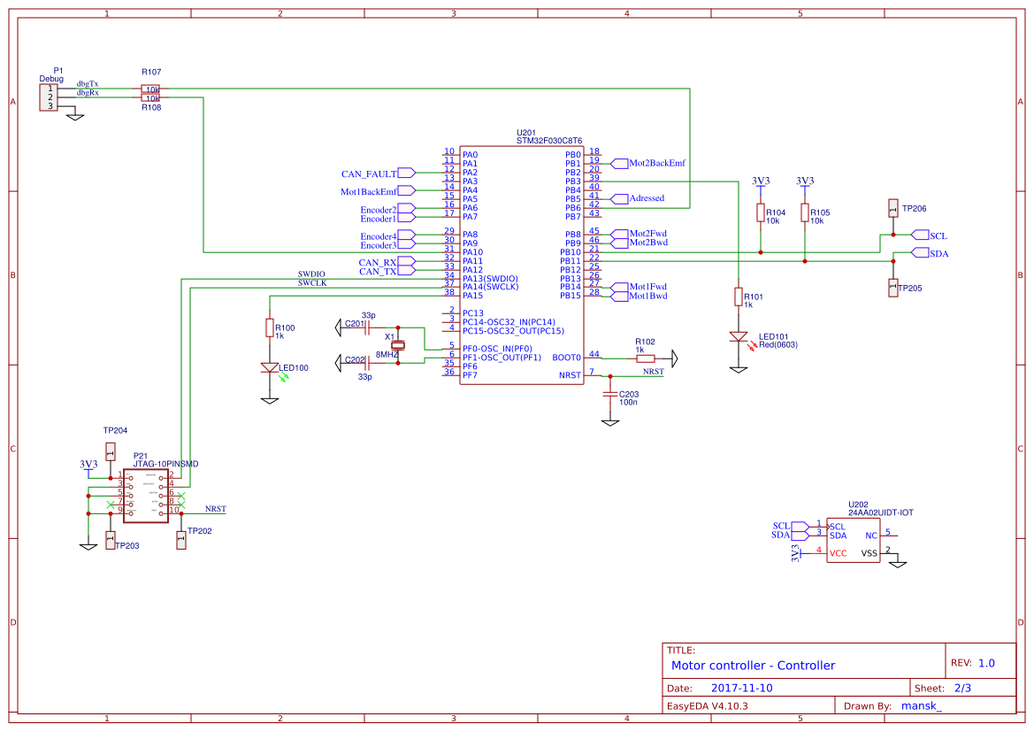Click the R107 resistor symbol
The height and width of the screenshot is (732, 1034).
150,89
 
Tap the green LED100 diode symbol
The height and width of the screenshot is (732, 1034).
269,366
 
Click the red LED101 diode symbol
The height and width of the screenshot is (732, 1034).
738,337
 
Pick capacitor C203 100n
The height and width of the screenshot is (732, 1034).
609,394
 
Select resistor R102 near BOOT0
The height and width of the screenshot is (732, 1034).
646,358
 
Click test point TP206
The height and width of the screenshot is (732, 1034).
892,209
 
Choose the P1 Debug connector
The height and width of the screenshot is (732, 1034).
48,97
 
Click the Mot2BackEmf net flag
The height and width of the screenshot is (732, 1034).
655,164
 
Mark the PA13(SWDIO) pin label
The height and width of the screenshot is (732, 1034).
490,279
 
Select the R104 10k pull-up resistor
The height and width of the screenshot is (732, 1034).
761,212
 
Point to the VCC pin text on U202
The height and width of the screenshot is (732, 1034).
838,553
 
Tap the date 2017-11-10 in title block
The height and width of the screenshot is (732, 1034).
741,688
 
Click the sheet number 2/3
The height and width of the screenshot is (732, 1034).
962,688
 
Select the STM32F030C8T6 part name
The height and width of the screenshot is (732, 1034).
549,141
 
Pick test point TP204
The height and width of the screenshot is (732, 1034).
110,451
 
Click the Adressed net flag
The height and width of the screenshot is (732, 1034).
646,198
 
